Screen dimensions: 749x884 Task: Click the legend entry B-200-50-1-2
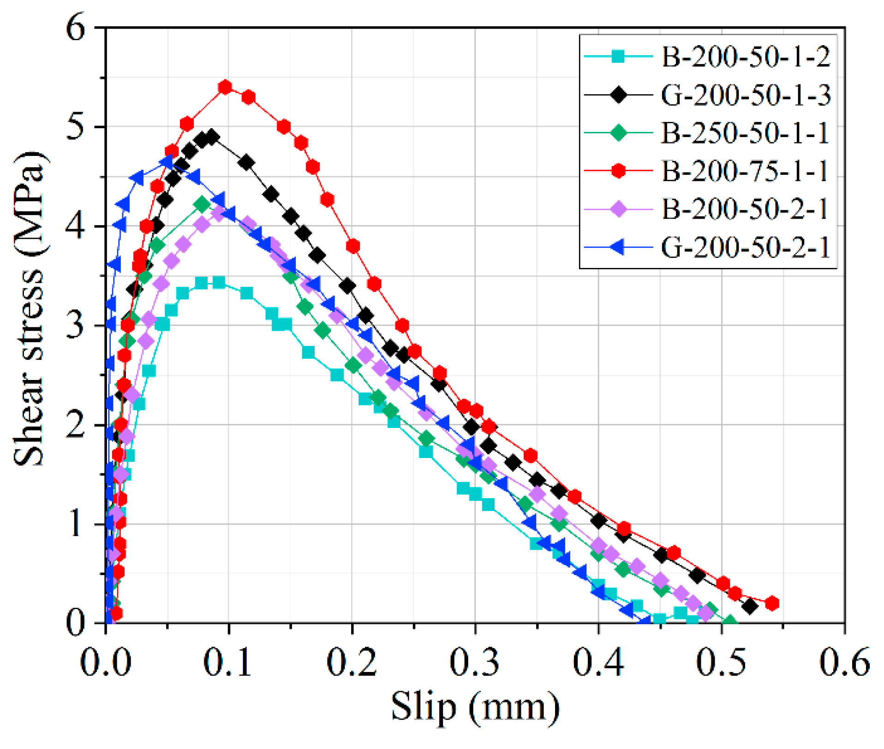[745, 57]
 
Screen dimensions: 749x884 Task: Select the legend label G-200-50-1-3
[745, 95]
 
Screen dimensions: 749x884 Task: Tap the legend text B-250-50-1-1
[745, 133]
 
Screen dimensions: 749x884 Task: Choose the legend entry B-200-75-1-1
[745, 172]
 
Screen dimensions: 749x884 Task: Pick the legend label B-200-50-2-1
[745, 209]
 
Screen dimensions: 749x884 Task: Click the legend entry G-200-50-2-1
[745, 248]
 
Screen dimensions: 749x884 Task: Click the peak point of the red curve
[225, 87]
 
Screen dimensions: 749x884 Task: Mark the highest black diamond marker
[212, 137]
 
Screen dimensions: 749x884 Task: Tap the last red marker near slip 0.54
[772, 603]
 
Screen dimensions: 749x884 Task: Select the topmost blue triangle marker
[167, 162]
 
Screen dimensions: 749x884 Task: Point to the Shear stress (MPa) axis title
[29, 309]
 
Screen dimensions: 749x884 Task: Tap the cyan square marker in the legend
[618, 57]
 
